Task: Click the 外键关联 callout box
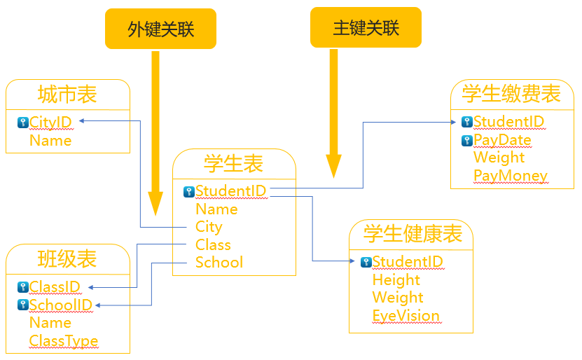coord(160,29)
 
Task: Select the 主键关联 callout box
coord(366,27)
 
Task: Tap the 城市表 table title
coord(67,95)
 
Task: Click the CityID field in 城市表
coord(50,123)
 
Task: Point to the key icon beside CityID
coord(22,123)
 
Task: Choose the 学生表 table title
coord(234,164)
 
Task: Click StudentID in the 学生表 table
coord(230,191)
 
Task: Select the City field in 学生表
coord(209,227)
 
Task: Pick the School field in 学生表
coord(219,263)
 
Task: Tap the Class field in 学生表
coord(213,244)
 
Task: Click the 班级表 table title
coord(67,259)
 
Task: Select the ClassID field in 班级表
coord(55,286)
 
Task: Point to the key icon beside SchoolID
coord(22,305)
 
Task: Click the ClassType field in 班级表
coord(63,341)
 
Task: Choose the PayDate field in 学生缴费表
coord(502,140)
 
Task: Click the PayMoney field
coord(510,175)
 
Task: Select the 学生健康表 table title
coord(413,234)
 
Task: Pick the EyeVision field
coord(406,315)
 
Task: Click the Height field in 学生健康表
coord(396,279)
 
